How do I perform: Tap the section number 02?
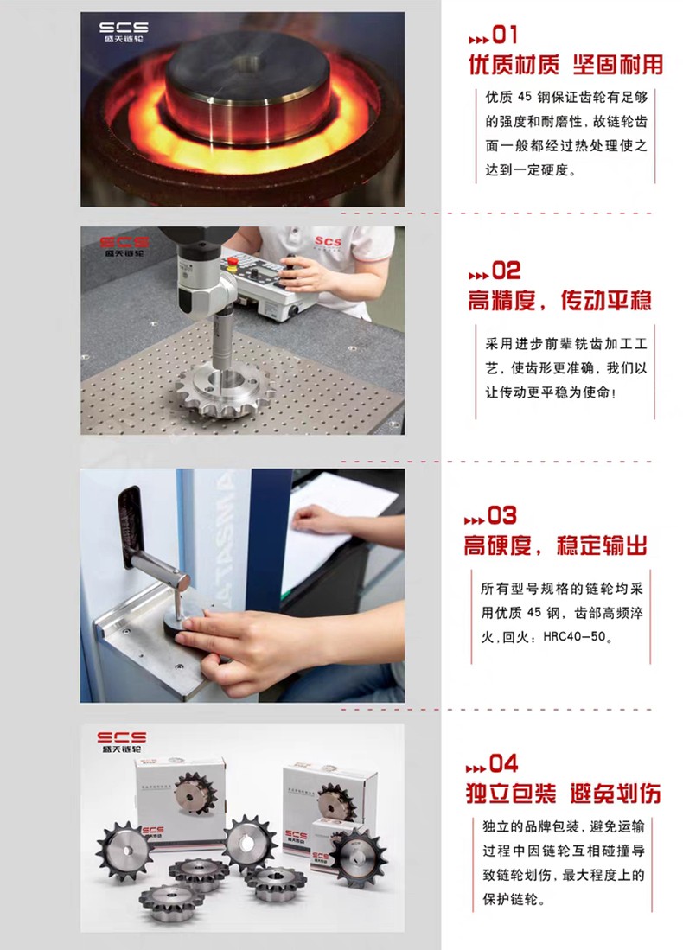[506, 271]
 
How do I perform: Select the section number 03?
[502, 515]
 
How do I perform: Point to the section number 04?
[504, 763]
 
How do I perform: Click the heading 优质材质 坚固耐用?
[565, 65]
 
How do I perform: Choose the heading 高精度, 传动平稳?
[559, 300]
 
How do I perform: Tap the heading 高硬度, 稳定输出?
[556, 545]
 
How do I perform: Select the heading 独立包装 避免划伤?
[563, 793]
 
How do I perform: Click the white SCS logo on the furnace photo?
[124, 31]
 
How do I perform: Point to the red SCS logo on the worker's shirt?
[328, 241]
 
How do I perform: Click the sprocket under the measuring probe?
[226, 388]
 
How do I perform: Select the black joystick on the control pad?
[290, 268]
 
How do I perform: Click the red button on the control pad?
[231, 261]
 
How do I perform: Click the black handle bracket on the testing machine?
[132, 527]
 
